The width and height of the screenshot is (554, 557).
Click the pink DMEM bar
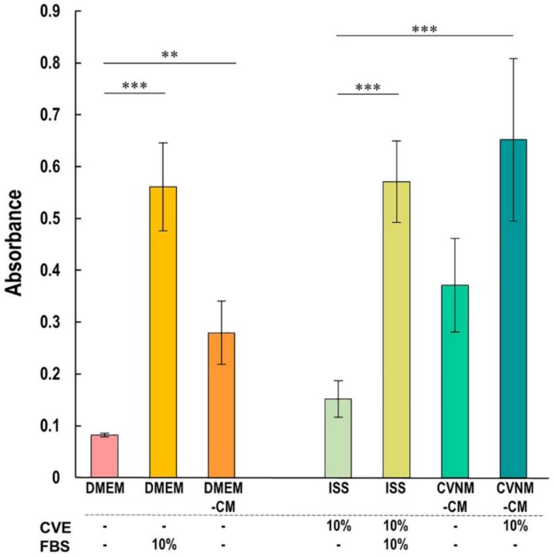click(x=105, y=456)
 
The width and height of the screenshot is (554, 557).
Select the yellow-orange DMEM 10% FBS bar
click(x=163, y=332)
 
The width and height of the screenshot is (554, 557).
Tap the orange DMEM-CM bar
click(x=221, y=405)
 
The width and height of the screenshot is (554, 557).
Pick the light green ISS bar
click(x=338, y=439)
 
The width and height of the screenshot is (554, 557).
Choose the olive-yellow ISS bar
click(x=397, y=329)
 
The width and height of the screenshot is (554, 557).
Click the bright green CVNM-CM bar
click(x=455, y=382)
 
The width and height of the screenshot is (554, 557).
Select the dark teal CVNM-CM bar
click(x=513, y=309)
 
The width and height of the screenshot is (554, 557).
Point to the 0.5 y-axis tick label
click(x=50, y=218)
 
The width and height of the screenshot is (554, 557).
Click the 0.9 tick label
click(x=50, y=11)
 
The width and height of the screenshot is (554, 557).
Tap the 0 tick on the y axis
click(x=56, y=478)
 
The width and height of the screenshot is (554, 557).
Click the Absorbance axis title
click(x=14, y=243)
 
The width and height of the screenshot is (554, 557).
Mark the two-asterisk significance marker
click(x=170, y=55)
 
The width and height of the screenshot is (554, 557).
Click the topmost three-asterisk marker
click(x=425, y=29)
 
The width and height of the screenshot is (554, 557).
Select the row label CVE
click(x=56, y=528)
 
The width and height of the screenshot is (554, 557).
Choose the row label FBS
click(x=55, y=547)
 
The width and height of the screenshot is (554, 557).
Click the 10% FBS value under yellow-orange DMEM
click(x=164, y=544)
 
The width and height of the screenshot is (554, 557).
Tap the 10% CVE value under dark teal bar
click(x=515, y=526)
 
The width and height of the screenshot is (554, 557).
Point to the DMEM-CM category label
click(x=223, y=498)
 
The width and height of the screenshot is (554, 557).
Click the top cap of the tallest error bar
click(x=513, y=58)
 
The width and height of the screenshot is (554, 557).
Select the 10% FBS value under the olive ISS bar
click(x=396, y=544)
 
